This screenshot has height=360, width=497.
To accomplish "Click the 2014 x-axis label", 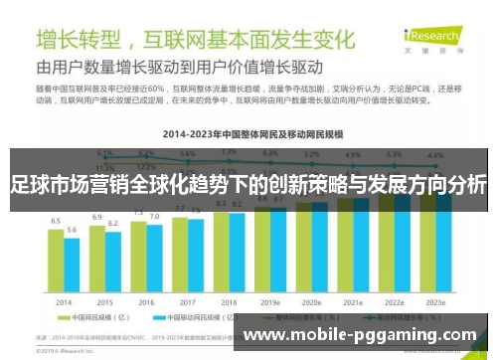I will (x=64, y=301).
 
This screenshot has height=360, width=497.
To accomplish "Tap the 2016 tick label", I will (x=146, y=301).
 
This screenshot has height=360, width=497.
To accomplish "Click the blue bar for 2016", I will (x=154, y=259).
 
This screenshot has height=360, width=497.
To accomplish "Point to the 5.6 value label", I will (x=72, y=229).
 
